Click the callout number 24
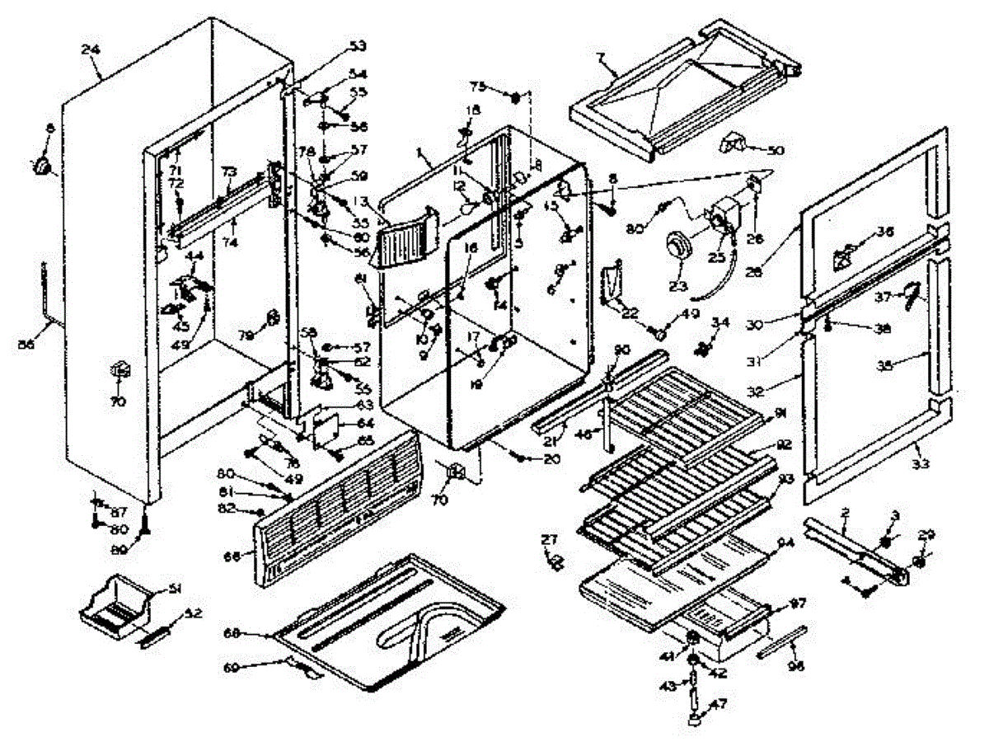pos(90,49)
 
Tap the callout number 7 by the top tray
pos(601,56)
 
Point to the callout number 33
pos(921,465)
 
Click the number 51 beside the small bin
pos(174,588)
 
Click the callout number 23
pos(677,288)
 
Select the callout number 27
pos(548,539)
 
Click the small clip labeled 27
pos(555,562)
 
